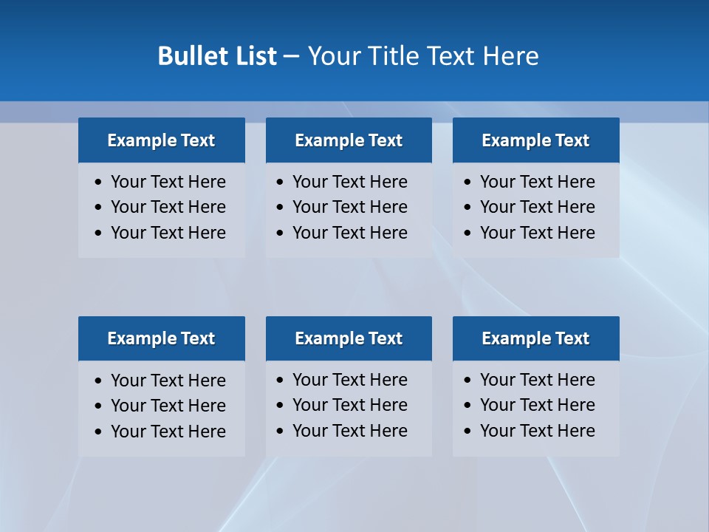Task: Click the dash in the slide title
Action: coord(291,56)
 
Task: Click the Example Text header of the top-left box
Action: coord(161,140)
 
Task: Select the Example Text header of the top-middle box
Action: coord(349,140)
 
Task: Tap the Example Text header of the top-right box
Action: coord(535,140)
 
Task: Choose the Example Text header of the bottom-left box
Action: coord(161,338)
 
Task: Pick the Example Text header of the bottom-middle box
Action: coord(349,338)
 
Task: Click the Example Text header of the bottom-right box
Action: coord(535,338)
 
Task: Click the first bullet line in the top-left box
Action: coord(168,182)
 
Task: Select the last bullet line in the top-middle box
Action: coord(349,233)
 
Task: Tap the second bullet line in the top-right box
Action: coord(537,207)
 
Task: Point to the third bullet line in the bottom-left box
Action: coord(168,432)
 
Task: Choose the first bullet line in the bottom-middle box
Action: coord(349,380)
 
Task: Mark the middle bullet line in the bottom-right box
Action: coord(537,405)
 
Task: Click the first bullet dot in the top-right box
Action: coord(467,182)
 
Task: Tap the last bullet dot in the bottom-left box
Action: coord(98,432)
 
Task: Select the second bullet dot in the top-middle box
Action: coord(280,207)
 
